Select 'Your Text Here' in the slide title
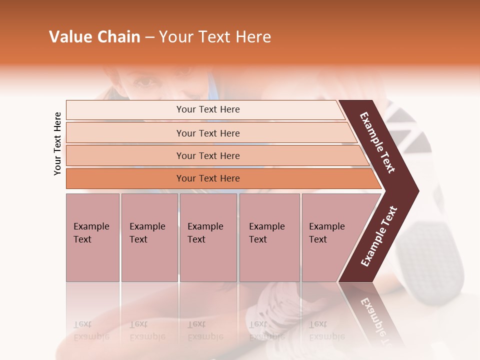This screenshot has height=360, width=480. (x=215, y=37)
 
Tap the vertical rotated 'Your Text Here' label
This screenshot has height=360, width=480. (x=57, y=143)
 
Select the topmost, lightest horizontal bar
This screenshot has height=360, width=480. (x=207, y=109)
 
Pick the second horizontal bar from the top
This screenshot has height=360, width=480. (x=207, y=133)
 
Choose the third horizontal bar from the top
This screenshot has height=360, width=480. (x=207, y=155)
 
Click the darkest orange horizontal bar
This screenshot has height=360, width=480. (x=207, y=178)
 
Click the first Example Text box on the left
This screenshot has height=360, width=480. (x=92, y=237)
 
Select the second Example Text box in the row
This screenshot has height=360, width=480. (x=149, y=237)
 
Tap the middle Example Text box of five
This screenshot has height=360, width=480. (x=207, y=237)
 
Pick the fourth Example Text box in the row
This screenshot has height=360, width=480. (x=269, y=237)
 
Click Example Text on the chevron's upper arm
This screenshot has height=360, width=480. (x=378, y=142)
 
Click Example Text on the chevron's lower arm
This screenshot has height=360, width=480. (x=379, y=236)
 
